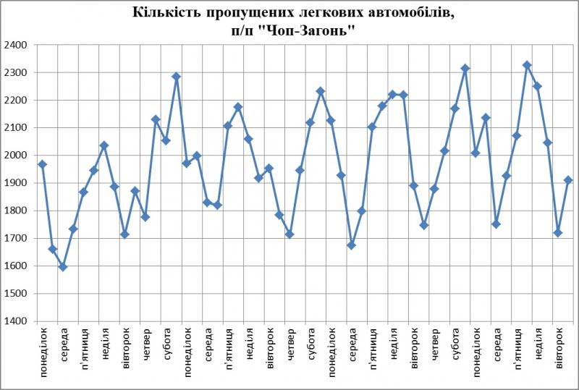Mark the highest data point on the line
tap(527, 65)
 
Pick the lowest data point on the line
tap(63, 266)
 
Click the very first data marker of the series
tap(42, 164)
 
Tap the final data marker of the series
tap(568, 180)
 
